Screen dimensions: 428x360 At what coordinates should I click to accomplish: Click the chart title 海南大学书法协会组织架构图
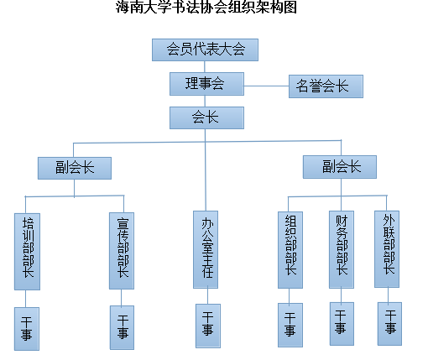click(206, 7)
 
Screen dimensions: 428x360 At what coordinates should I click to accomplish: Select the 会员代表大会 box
click(205, 50)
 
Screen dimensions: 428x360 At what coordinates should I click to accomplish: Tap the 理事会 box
click(206, 84)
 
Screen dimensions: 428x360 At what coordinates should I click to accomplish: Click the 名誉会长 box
click(326, 86)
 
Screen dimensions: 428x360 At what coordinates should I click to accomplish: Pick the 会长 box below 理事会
click(206, 117)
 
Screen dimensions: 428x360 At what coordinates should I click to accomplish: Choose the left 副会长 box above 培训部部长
click(75, 168)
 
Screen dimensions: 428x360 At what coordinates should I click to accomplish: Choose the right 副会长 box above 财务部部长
click(340, 167)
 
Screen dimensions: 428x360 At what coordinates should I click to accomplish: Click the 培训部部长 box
click(27, 252)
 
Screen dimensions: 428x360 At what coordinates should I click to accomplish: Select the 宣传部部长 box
click(122, 251)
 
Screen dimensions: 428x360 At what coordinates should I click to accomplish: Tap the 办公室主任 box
click(206, 249)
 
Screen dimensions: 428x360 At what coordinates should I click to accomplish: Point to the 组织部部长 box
click(290, 250)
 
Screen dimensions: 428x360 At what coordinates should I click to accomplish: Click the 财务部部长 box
click(342, 249)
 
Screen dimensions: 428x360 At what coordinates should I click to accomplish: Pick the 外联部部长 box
click(387, 249)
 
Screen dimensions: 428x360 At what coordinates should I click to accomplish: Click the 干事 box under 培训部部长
click(27, 329)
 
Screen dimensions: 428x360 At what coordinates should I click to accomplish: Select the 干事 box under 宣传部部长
click(122, 327)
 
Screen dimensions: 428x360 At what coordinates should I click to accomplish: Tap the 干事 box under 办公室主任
click(208, 326)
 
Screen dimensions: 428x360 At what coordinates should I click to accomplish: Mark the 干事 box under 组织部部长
click(290, 325)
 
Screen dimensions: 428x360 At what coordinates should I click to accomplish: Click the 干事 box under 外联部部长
click(389, 324)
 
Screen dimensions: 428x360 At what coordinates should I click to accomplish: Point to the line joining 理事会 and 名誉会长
click(267, 86)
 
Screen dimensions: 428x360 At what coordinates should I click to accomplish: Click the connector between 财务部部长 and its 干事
click(341, 295)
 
